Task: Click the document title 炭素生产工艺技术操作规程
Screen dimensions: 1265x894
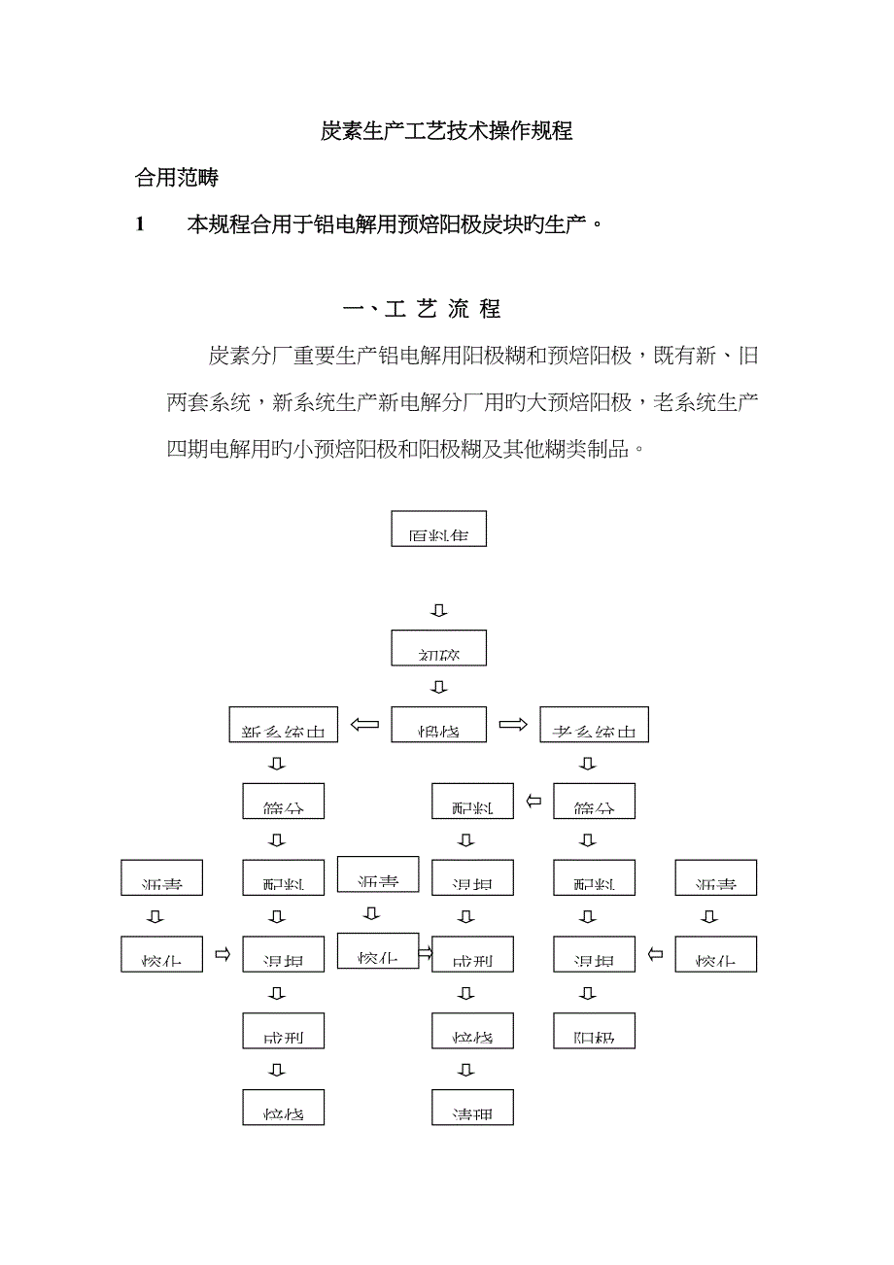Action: [446, 132]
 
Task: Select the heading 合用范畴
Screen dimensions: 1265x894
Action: [177, 179]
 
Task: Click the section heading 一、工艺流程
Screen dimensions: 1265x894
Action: [422, 310]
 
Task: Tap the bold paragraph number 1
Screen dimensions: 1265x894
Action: [140, 225]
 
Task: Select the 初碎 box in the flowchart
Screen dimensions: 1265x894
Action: [438, 647]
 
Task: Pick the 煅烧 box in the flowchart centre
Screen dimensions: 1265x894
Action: [438, 725]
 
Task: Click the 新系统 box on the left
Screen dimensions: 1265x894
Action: [284, 725]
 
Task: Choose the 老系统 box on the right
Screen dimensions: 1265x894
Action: [594, 725]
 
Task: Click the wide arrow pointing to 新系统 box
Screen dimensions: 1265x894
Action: [364, 725]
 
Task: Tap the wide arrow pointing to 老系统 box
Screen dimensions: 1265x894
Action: [512, 725]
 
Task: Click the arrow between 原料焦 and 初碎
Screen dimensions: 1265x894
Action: [439, 610]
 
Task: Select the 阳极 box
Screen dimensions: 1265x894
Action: [594, 1030]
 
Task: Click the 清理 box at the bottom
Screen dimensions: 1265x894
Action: [472, 1108]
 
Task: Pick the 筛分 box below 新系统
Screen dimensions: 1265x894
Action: [283, 801]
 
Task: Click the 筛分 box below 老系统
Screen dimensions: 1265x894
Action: [594, 801]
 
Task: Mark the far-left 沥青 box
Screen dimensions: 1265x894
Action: [162, 877]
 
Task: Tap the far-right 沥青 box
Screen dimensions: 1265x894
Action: [715, 877]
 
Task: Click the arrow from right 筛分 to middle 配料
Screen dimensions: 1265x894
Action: [533, 802]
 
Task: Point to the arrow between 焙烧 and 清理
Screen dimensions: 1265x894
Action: [467, 1070]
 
